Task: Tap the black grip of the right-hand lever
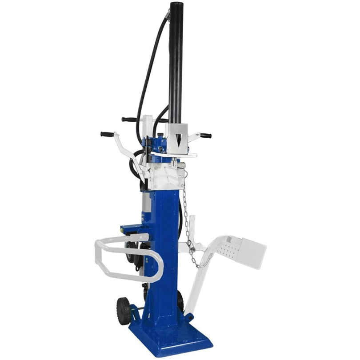tap(205, 136)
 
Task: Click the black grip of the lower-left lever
tap(106, 134)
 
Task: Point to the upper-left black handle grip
tap(129, 119)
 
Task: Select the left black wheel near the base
tap(124, 310)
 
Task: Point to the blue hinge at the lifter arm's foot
tap(190, 317)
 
